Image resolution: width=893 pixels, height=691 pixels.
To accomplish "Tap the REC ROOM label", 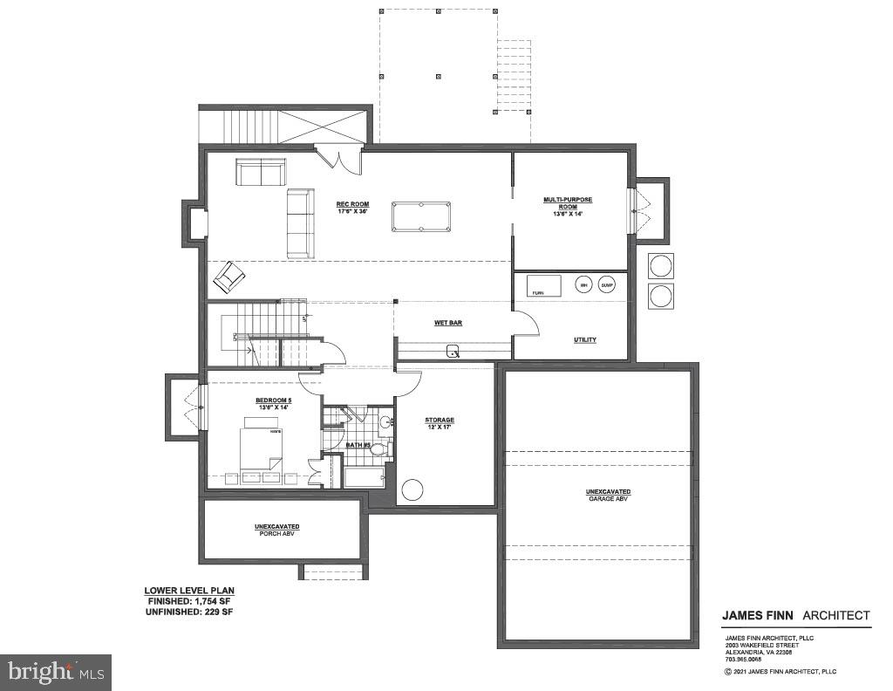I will click(353, 208).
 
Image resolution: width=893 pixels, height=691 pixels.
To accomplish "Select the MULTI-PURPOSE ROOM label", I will click(567, 203).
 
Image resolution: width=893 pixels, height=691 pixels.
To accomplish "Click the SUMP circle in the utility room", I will click(607, 285).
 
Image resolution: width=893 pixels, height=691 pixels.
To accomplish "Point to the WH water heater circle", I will click(583, 285).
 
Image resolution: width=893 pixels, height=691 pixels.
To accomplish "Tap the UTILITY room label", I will click(584, 339).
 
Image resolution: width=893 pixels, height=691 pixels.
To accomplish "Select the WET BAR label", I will click(448, 323).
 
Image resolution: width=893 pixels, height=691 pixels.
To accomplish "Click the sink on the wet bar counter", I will click(453, 352).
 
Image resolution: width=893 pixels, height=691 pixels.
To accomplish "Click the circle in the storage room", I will click(412, 489).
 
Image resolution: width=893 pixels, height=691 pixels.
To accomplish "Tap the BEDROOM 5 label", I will click(272, 403).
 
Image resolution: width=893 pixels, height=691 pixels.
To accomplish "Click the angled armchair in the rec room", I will click(229, 277).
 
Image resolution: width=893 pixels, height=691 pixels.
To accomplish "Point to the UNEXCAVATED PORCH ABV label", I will click(277, 530).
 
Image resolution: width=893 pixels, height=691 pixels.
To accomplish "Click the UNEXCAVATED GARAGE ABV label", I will click(608, 495).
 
